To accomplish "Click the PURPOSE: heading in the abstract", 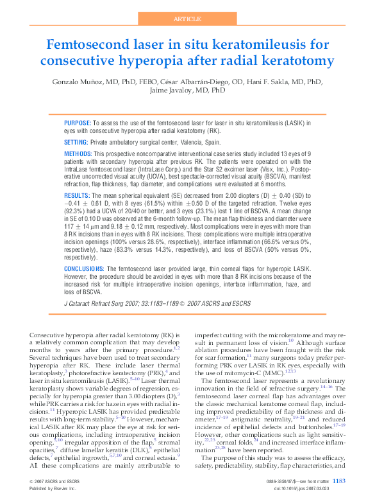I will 78,122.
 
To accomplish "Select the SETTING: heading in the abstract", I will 76,141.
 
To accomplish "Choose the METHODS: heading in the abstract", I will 78,155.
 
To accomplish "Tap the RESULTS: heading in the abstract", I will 78,193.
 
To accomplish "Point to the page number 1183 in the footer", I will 340,481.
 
